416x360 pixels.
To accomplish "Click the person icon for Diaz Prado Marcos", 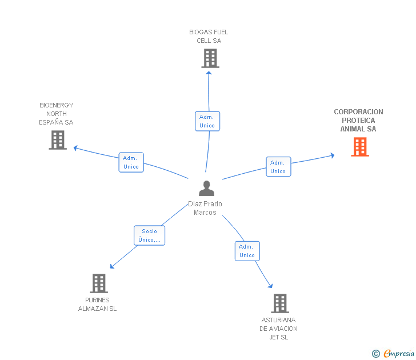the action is [206, 188].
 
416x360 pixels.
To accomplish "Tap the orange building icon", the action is [360, 147].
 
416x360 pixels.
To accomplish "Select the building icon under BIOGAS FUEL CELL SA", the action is [210, 58].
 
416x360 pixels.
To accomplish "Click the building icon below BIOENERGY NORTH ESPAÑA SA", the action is [58, 140].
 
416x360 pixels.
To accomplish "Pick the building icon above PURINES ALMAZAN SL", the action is [99, 283].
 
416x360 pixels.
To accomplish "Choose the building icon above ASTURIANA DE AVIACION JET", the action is [280, 303].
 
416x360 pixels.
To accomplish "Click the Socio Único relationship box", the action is [149, 235].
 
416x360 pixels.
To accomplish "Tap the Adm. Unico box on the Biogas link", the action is [207, 121].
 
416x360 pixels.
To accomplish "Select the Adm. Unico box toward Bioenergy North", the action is [131, 162].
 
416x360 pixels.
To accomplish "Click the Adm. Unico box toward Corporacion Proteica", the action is [279, 167].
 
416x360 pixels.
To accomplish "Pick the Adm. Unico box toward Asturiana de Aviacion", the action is [247, 251].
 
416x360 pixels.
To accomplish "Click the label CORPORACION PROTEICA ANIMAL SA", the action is [358, 120].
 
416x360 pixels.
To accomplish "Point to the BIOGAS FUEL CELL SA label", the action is [209, 37].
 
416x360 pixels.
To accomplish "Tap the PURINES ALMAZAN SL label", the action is [97, 305].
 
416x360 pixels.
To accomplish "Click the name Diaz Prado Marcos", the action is [205, 208].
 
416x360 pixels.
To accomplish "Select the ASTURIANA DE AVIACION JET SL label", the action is [279, 329].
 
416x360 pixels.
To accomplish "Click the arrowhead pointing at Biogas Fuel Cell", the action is [209, 73].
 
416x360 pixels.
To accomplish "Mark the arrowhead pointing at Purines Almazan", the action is [112, 266].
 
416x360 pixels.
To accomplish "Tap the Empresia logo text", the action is [399, 353].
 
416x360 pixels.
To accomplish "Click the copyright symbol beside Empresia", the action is [376, 354].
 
